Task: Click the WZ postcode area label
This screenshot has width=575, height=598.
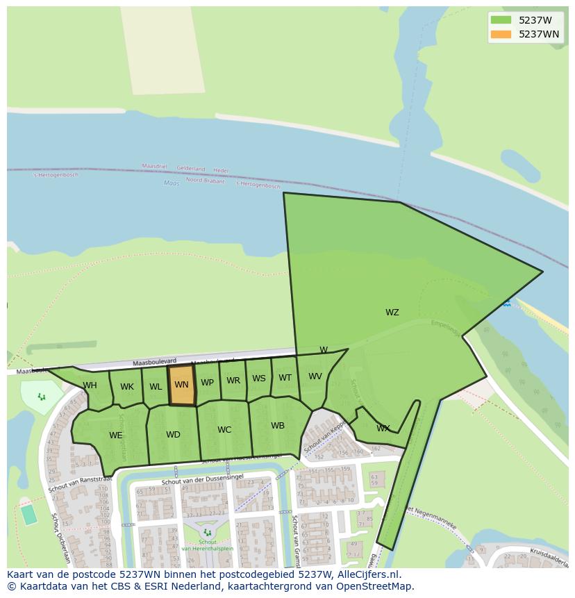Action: [392, 313]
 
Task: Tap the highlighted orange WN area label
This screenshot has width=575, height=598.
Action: [181, 385]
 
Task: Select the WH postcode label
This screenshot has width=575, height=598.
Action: [90, 385]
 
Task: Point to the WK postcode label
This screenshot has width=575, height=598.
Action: [127, 387]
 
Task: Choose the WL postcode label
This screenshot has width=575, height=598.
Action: [156, 387]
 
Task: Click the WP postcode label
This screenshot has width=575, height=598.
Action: [207, 383]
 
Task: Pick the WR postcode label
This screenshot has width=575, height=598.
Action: [233, 381]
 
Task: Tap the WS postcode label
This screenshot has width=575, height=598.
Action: [259, 379]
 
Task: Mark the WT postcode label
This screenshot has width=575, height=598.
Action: [285, 378]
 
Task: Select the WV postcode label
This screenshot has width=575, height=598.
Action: [315, 376]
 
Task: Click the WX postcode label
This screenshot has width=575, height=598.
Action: [383, 429]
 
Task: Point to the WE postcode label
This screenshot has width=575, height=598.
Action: [115, 435]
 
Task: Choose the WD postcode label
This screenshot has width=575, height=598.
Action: [173, 435]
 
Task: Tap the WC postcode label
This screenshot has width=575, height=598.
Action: [224, 430]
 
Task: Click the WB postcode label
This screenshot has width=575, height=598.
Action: [278, 426]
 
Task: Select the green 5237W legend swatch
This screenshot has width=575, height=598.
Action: [500, 20]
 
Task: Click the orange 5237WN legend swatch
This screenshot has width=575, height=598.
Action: [500, 33]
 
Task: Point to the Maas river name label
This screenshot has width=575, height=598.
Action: [172, 183]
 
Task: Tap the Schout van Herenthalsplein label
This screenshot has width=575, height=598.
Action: [208, 545]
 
